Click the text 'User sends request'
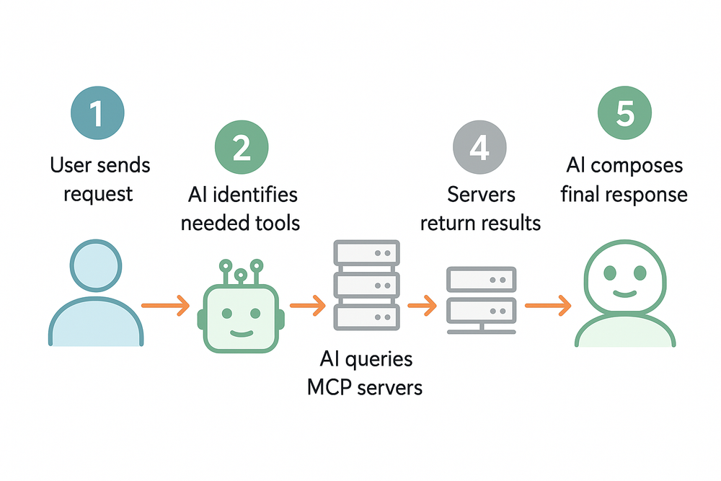tap(100, 180)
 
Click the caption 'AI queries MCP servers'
tap(365, 373)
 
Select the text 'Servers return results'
tap(480, 208)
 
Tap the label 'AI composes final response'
tap(624, 180)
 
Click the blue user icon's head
tap(97, 266)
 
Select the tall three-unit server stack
tap(366, 286)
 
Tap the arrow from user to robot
tap(165, 306)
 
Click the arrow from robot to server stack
tap(308, 306)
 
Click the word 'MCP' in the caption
tap(332, 387)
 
